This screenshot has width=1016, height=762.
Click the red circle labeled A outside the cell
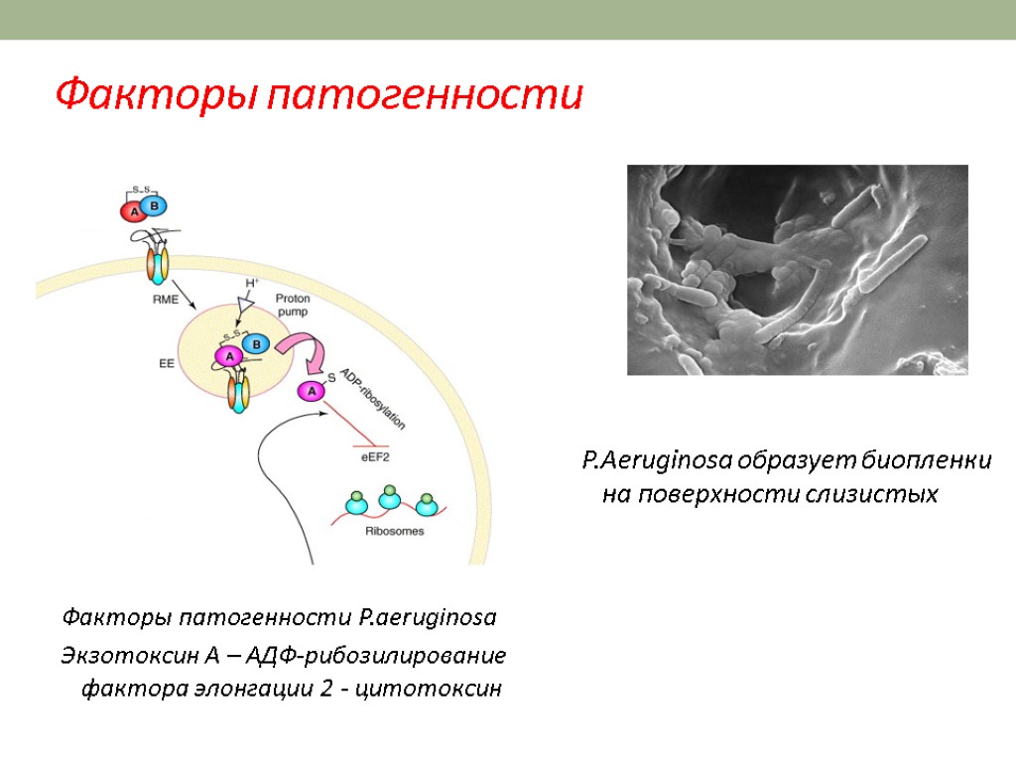[133, 210]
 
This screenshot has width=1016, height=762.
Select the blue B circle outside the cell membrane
[154, 205]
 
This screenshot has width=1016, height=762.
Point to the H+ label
[252, 284]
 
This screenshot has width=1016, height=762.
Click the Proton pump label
[292, 305]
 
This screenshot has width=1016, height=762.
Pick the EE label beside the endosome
[167, 364]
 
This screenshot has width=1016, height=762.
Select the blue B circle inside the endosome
[256, 343]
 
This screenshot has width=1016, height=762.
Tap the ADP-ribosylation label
[373, 398]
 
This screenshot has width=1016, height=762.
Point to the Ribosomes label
[395, 531]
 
